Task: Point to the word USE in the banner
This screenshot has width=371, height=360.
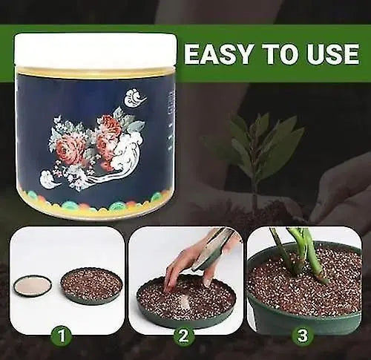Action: point(332,53)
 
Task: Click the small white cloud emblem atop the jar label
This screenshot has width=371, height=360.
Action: point(135,97)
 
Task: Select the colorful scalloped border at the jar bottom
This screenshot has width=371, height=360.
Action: point(95,202)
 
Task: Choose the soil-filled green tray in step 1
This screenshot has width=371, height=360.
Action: point(91,285)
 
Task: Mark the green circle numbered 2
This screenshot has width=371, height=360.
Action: point(184,335)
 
